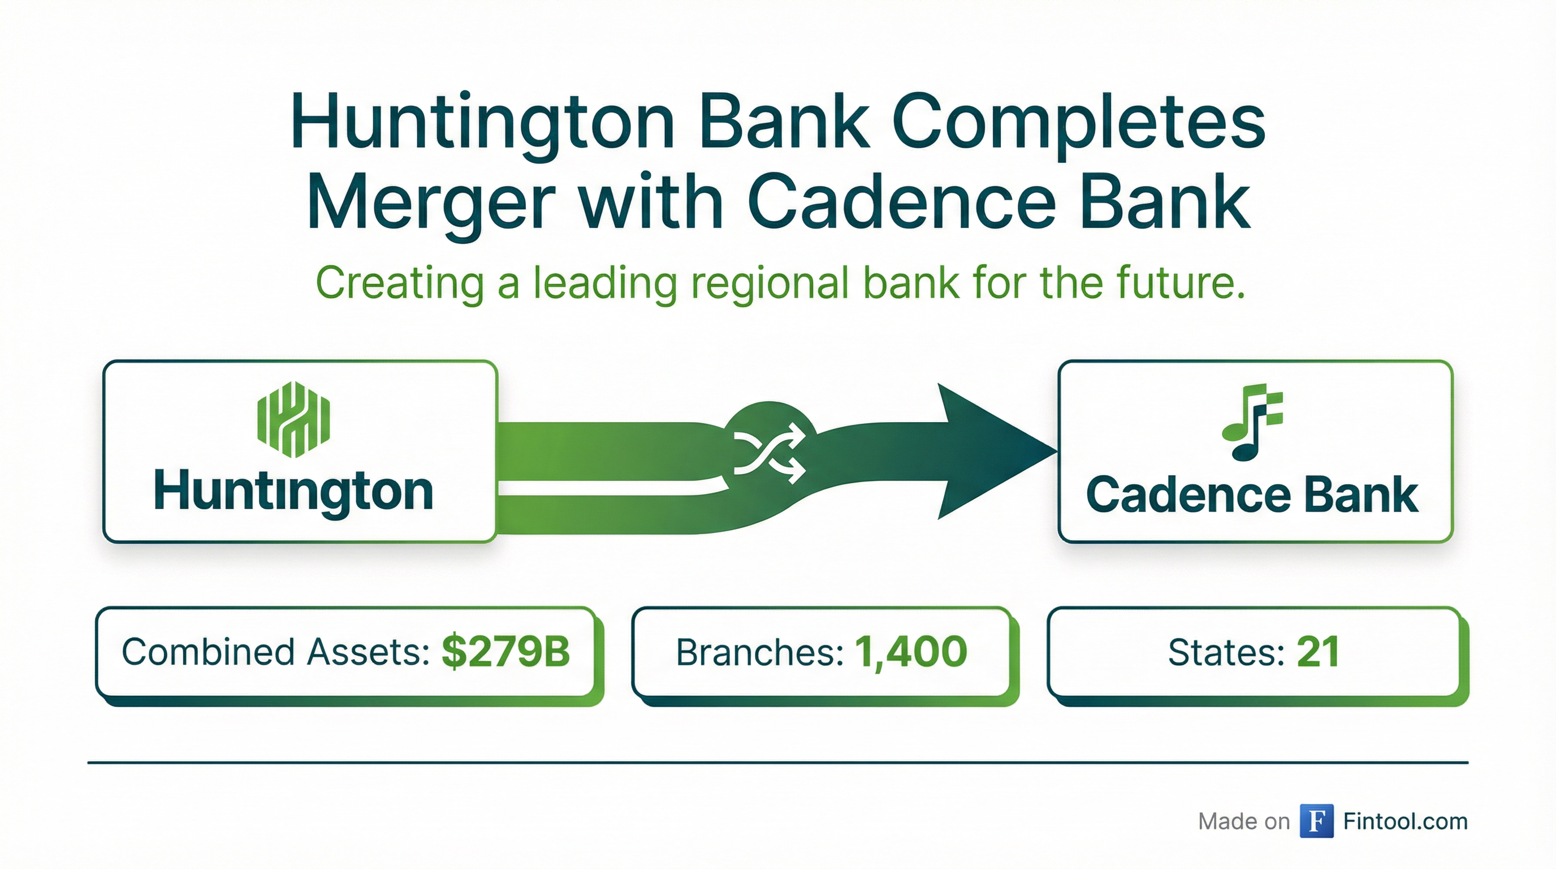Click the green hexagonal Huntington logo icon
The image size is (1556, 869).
294,419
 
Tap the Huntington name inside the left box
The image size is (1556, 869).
294,493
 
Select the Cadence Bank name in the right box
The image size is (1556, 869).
1252,495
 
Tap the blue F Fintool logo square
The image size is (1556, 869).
1317,821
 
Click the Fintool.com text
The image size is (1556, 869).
1406,821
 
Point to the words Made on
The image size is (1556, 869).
1244,822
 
